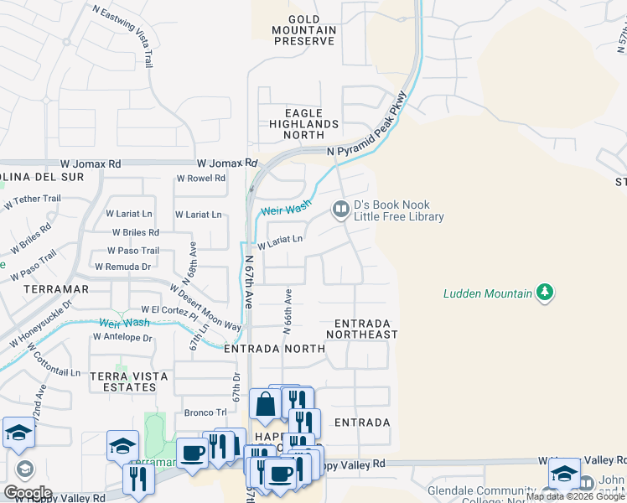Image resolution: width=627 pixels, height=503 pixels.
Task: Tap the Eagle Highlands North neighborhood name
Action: [x=299, y=123]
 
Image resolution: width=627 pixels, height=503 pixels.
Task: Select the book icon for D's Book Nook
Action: [x=340, y=210]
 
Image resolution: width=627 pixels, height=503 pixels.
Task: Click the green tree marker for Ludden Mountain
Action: [x=546, y=293]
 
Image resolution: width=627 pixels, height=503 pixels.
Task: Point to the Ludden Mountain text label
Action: [x=487, y=293]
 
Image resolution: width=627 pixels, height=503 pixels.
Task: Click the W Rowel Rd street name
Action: [x=200, y=179]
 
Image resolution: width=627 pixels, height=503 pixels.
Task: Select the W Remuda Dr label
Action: [x=122, y=267]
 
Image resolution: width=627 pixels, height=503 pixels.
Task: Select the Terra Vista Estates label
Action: [x=123, y=381]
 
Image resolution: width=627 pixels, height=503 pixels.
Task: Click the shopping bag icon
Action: [x=265, y=405]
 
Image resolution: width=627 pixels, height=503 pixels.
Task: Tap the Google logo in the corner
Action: [x=28, y=492]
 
